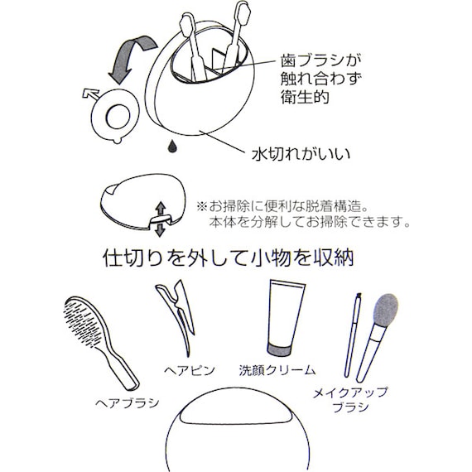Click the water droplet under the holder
(171, 147)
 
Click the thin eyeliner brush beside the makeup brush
(353, 335)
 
